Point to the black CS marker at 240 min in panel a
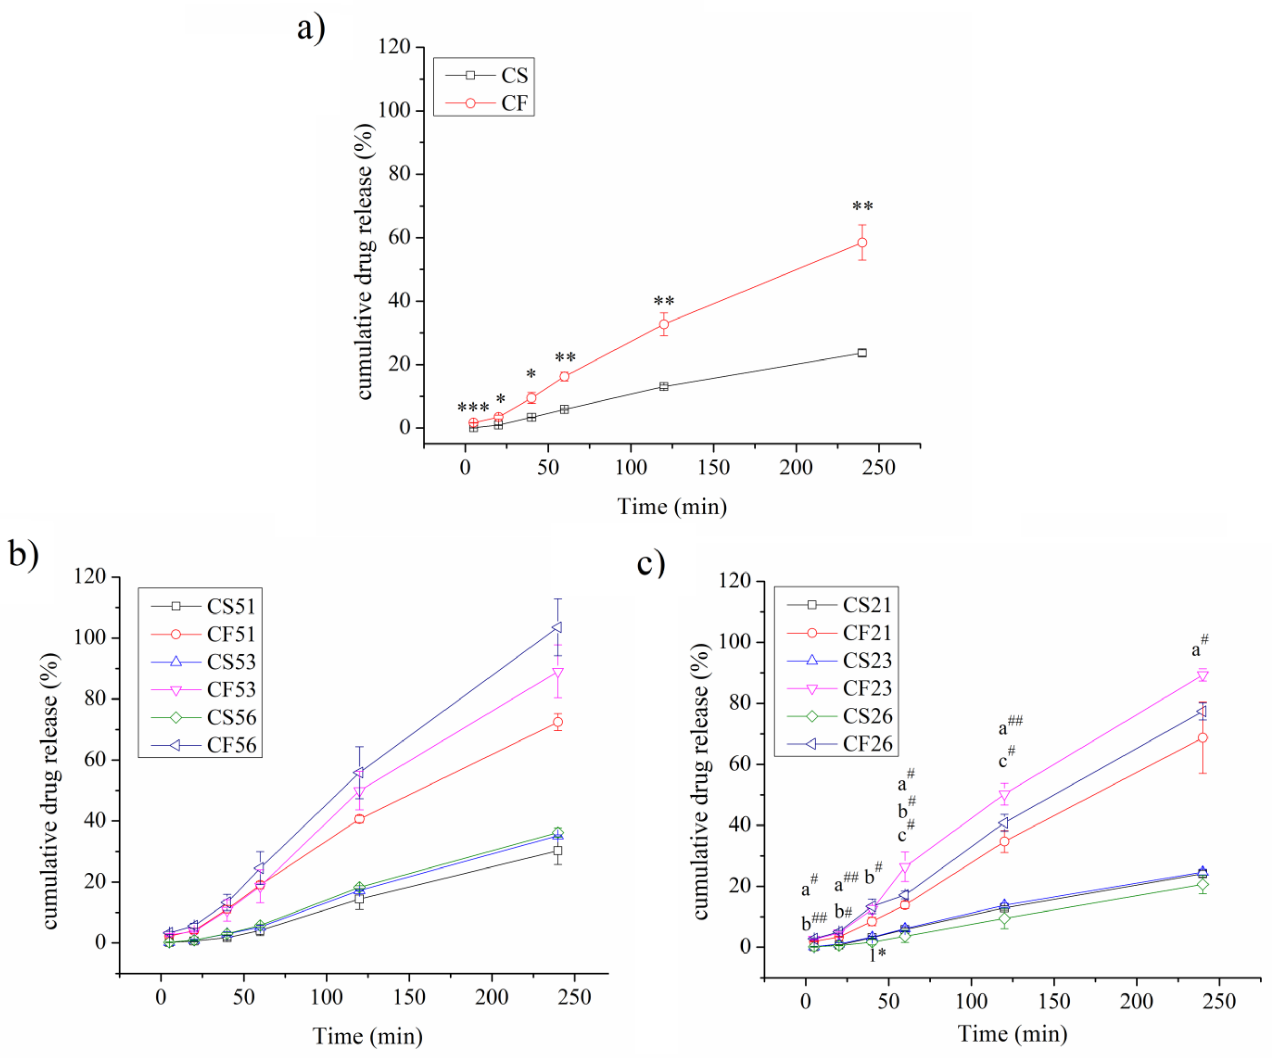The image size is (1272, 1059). point(862,352)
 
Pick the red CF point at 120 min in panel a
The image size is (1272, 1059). point(664,324)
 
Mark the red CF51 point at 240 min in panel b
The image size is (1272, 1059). point(558,722)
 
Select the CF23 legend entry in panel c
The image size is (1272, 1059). point(840,688)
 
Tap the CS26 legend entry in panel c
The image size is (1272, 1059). point(840,716)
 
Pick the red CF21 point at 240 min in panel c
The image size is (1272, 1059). point(1203,738)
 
